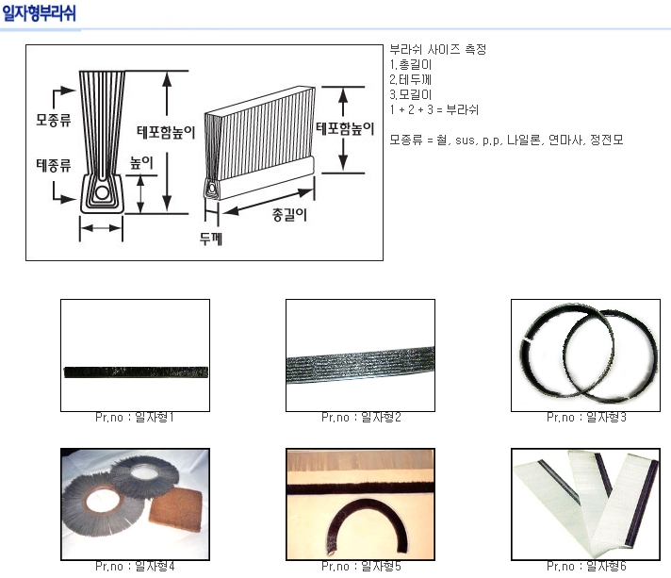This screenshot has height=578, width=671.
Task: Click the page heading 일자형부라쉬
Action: pyautogui.click(x=39, y=13)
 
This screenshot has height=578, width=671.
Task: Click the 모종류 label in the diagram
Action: pyautogui.click(x=54, y=120)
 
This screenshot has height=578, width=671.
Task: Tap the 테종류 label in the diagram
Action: pyautogui.click(x=54, y=165)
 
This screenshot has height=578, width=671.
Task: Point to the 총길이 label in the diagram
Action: pyautogui.click(x=289, y=214)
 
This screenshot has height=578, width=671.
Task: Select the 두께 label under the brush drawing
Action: pyautogui.click(x=211, y=239)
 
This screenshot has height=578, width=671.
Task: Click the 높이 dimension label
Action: pyautogui.click(x=141, y=163)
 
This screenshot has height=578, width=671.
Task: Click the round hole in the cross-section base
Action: pyautogui.click(x=102, y=192)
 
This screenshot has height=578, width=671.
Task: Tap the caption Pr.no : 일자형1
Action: pyautogui.click(x=135, y=417)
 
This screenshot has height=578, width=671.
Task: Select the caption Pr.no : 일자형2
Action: pyautogui.click(x=361, y=417)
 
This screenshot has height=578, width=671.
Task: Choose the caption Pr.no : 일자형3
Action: pyautogui.click(x=586, y=417)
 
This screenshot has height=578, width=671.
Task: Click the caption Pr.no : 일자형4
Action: pyautogui.click(x=135, y=566)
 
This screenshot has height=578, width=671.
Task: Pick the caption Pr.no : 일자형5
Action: pyautogui.click(x=361, y=566)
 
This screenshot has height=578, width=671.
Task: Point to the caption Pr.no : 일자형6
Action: pyautogui.click(x=586, y=566)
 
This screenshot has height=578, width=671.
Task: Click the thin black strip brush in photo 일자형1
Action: pyautogui.click(x=136, y=372)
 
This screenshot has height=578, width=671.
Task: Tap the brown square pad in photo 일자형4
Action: pyautogui.click(x=176, y=509)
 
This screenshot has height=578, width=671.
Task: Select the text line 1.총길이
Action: pyautogui.click(x=410, y=65)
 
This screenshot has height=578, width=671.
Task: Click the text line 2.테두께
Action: pyautogui.click(x=410, y=79)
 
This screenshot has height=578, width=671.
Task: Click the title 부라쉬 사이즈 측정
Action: pyautogui.click(x=438, y=50)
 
